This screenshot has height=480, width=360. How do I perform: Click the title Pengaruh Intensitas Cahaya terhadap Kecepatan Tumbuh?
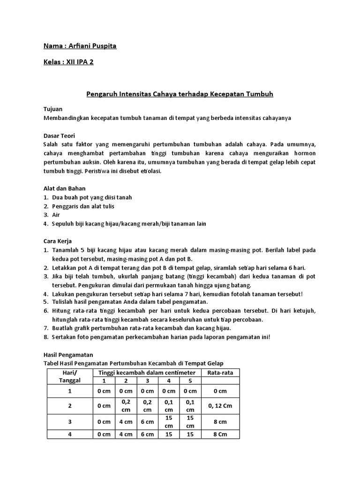point(180,94)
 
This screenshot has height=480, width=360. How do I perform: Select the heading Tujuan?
point(52,109)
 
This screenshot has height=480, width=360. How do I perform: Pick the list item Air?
point(57,215)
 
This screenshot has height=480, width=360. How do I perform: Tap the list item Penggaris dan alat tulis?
point(83,206)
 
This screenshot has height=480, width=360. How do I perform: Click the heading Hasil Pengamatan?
point(67,355)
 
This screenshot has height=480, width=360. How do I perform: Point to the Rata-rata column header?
point(220,372)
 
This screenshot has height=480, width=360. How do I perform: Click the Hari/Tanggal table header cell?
point(70,376)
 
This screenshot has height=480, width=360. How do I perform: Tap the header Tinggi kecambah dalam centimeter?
point(147,372)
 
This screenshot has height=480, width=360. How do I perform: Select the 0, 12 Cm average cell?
point(220,405)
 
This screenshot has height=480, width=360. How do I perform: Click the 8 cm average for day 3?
point(220,421)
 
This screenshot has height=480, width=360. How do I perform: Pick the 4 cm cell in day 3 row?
point(126,421)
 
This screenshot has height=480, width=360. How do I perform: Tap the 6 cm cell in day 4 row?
point(147,435)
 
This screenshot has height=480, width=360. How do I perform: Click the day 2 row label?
point(70,405)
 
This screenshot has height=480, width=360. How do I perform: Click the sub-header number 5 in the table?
point(190,381)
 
